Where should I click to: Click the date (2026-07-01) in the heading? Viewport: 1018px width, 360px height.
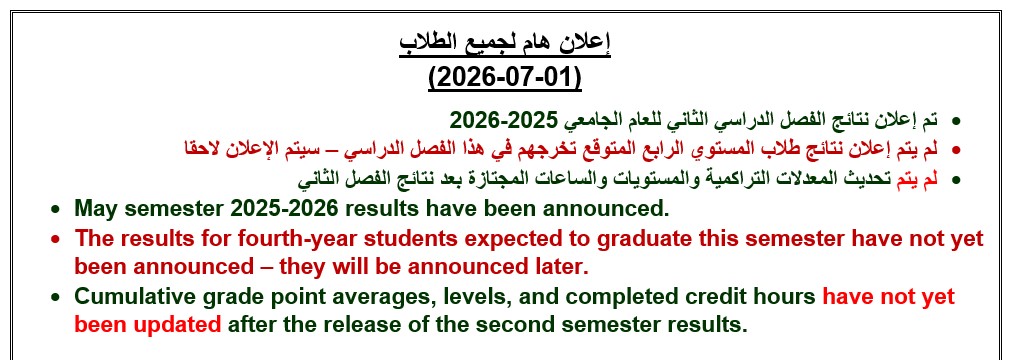[504, 78]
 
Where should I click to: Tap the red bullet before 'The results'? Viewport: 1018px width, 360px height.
[56, 239]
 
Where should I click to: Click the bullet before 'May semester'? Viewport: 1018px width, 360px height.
[56, 210]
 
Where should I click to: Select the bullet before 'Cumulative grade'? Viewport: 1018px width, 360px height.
[56, 297]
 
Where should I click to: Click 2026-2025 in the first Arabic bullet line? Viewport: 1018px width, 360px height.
[504, 120]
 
